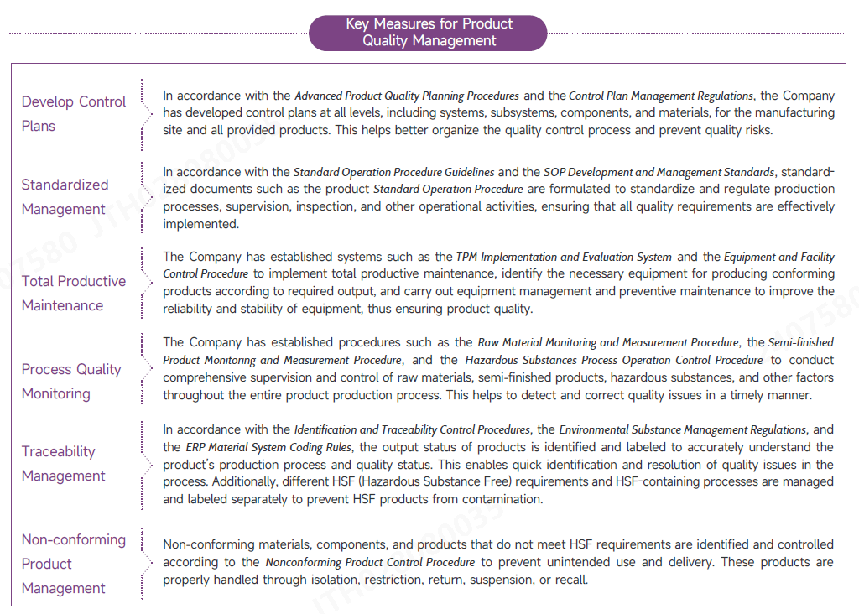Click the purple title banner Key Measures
(x=429, y=33)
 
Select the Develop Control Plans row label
(x=74, y=114)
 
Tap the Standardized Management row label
(x=65, y=197)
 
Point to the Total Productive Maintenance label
(x=74, y=294)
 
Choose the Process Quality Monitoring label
(x=71, y=382)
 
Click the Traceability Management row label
(x=64, y=464)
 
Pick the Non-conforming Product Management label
(x=74, y=564)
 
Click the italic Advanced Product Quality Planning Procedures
(x=407, y=96)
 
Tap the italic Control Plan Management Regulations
(x=661, y=96)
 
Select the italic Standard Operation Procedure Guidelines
(x=393, y=172)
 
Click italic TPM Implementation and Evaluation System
(x=564, y=257)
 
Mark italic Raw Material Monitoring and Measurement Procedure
(x=608, y=342)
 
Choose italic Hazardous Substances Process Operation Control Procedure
(x=613, y=360)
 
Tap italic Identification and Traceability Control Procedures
(x=412, y=429)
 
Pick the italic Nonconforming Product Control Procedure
(x=370, y=562)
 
